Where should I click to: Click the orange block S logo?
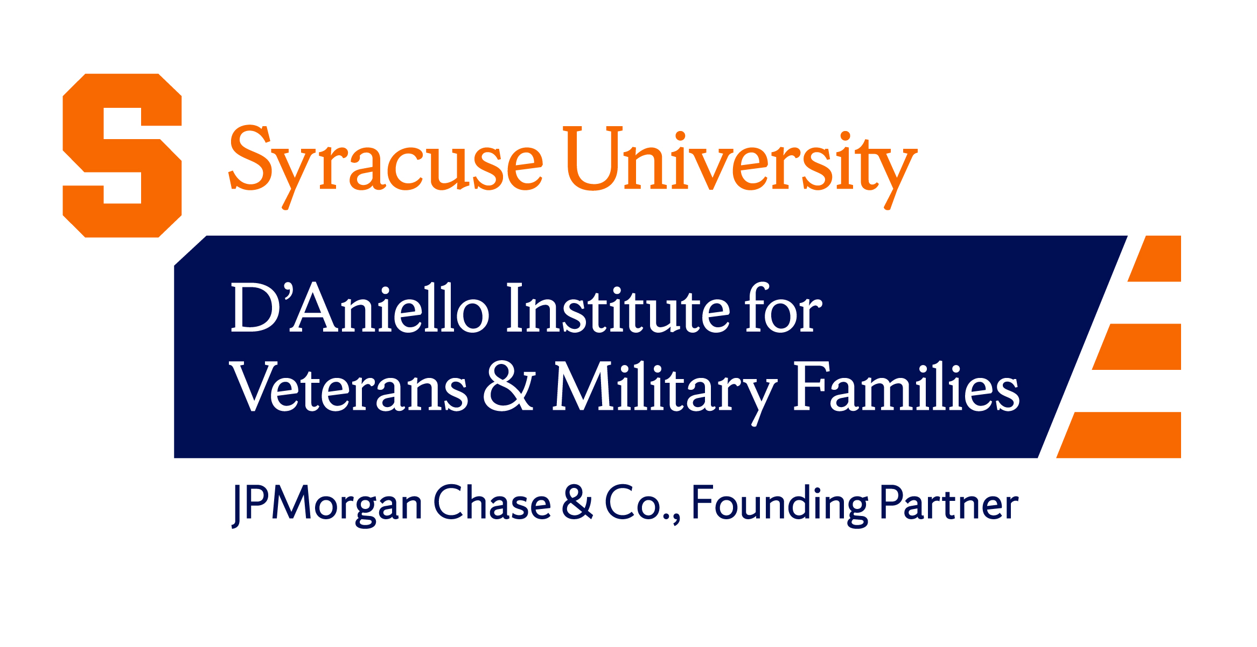122,155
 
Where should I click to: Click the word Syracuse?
386,162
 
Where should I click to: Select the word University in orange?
741,162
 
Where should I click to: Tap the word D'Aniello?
360,308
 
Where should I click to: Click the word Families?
906,387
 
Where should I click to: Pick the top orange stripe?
1158,259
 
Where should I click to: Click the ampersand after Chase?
577,503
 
